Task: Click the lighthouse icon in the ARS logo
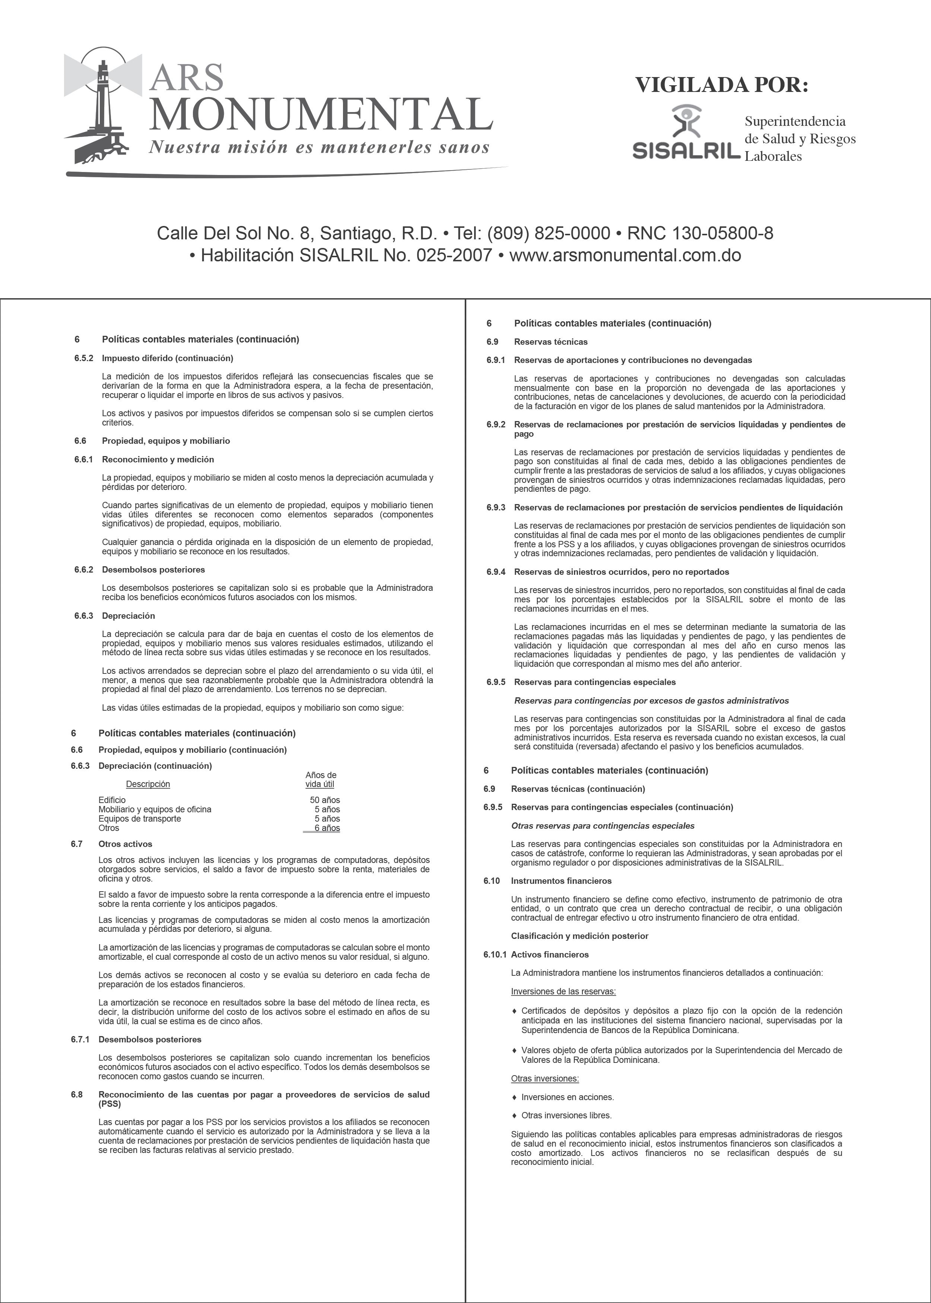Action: pyautogui.click(x=103, y=106)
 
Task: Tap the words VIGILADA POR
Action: pyautogui.click(x=721, y=85)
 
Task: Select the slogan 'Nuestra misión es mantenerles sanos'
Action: pyautogui.click(x=319, y=148)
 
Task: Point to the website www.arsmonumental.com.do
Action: pyautogui.click(x=625, y=255)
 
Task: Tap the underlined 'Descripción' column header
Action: pyautogui.click(x=148, y=784)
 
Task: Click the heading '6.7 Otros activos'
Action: pyautogui.click(x=125, y=844)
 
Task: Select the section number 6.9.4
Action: pyautogui.click(x=496, y=572)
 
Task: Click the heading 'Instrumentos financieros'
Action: pyautogui.click(x=561, y=881)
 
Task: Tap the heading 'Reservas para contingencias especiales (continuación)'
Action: pyautogui.click(x=622, y=807)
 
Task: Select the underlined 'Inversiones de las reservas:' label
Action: pyautogui.click(x=563, y=991)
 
